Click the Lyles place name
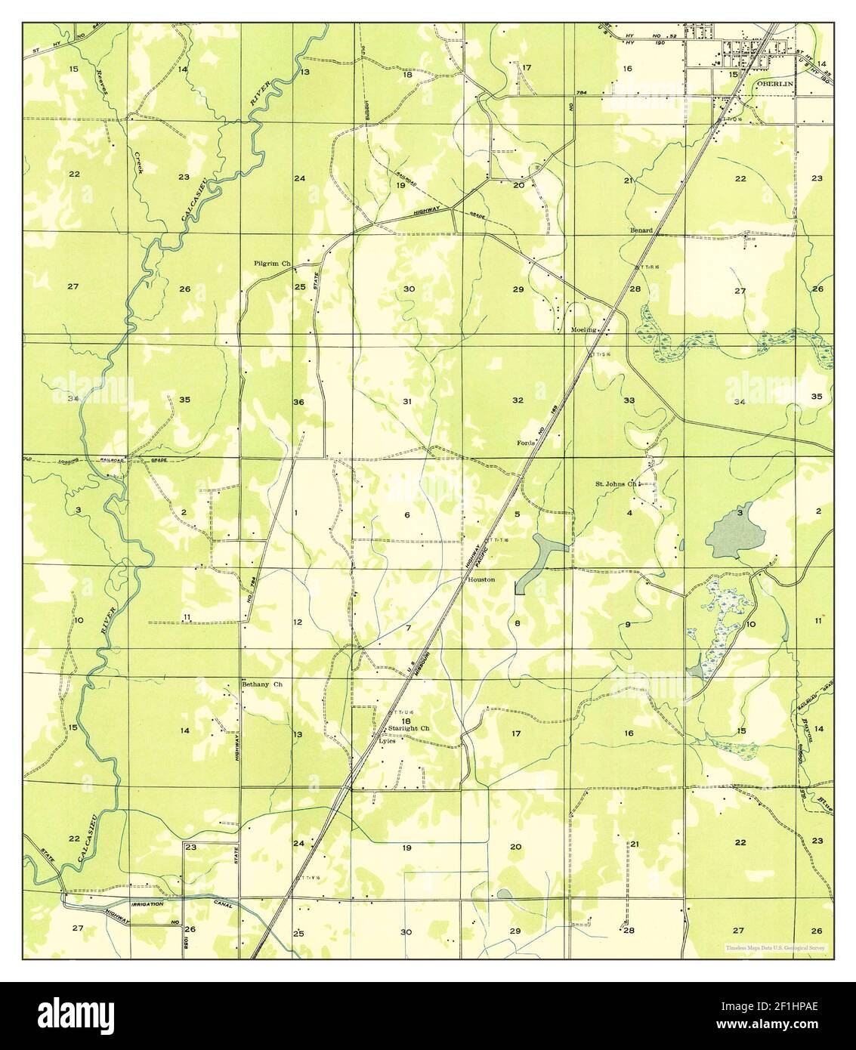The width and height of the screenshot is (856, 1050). [x=387, y=741]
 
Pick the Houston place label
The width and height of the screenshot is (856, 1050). [x=481, y=579]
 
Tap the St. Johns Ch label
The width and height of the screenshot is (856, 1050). [x=617, y=483]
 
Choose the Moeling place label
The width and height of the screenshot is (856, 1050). [x=586, y=330]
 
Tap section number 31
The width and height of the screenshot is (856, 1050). [x=406, y=401]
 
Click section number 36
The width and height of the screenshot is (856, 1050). [x=298, y=402]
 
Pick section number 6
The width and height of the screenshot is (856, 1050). [x=406, y=515]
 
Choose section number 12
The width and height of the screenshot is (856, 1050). [x=298, y=622]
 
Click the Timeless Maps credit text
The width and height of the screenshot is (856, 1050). [x=775, y=947]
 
